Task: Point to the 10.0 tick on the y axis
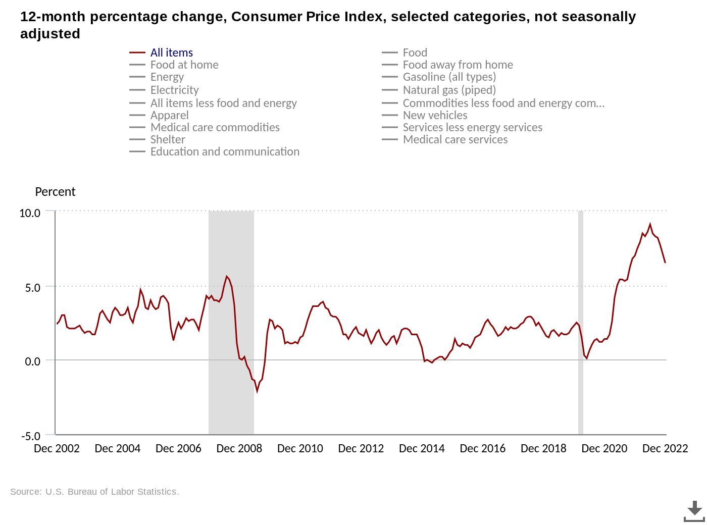pos(30,213)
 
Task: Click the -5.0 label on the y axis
pos(30,436)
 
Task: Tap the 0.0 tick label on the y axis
pos(32,361)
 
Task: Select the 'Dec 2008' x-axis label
pos(239,448)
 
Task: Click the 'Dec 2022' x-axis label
pos(665,448)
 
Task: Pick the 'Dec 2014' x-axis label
pos(422,448)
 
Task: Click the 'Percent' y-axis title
pos(55,192)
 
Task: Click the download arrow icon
pos(694,510)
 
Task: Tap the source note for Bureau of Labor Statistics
pos(94,492)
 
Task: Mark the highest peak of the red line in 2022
pos(650,224)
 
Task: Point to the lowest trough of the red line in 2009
pos(257,391)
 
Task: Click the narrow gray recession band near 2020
pos(581,323)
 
